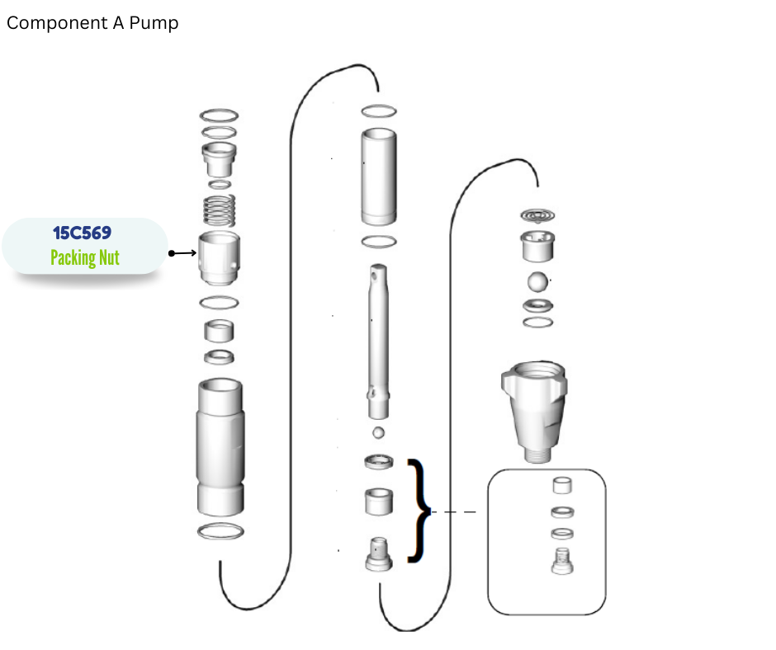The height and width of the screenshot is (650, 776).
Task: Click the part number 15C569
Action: click(x=83, y=233)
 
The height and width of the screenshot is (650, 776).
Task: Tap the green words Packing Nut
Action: click(x=85, y=257)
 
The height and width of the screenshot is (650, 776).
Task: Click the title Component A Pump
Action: click(x=92, y=23)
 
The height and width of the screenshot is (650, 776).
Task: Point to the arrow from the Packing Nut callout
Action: click(x=182, y=253)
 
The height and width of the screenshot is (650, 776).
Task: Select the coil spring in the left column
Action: click(x=220, y=210)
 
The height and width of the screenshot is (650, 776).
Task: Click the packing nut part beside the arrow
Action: click(x=220, y=257)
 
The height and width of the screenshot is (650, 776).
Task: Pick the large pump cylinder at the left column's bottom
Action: click(x=220, y=447)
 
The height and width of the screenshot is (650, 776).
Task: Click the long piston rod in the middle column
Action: click(x=379, y=341)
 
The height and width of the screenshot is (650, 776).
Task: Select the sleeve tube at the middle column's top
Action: click(x=379, y=177)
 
